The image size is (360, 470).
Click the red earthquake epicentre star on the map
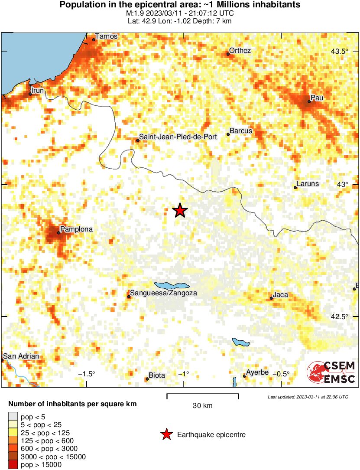180,211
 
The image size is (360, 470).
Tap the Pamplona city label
76,229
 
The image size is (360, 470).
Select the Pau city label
317,98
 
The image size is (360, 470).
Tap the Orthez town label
240,50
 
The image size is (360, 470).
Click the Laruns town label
308,183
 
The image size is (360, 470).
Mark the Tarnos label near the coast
106,36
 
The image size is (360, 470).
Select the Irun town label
38,90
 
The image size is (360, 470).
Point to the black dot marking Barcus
228,134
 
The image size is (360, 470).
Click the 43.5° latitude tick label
340,52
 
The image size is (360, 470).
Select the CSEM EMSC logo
331,372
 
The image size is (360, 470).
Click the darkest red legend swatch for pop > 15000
13,465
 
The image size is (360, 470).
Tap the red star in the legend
166,434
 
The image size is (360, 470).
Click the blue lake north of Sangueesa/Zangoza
172,286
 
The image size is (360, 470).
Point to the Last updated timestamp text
308,397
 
